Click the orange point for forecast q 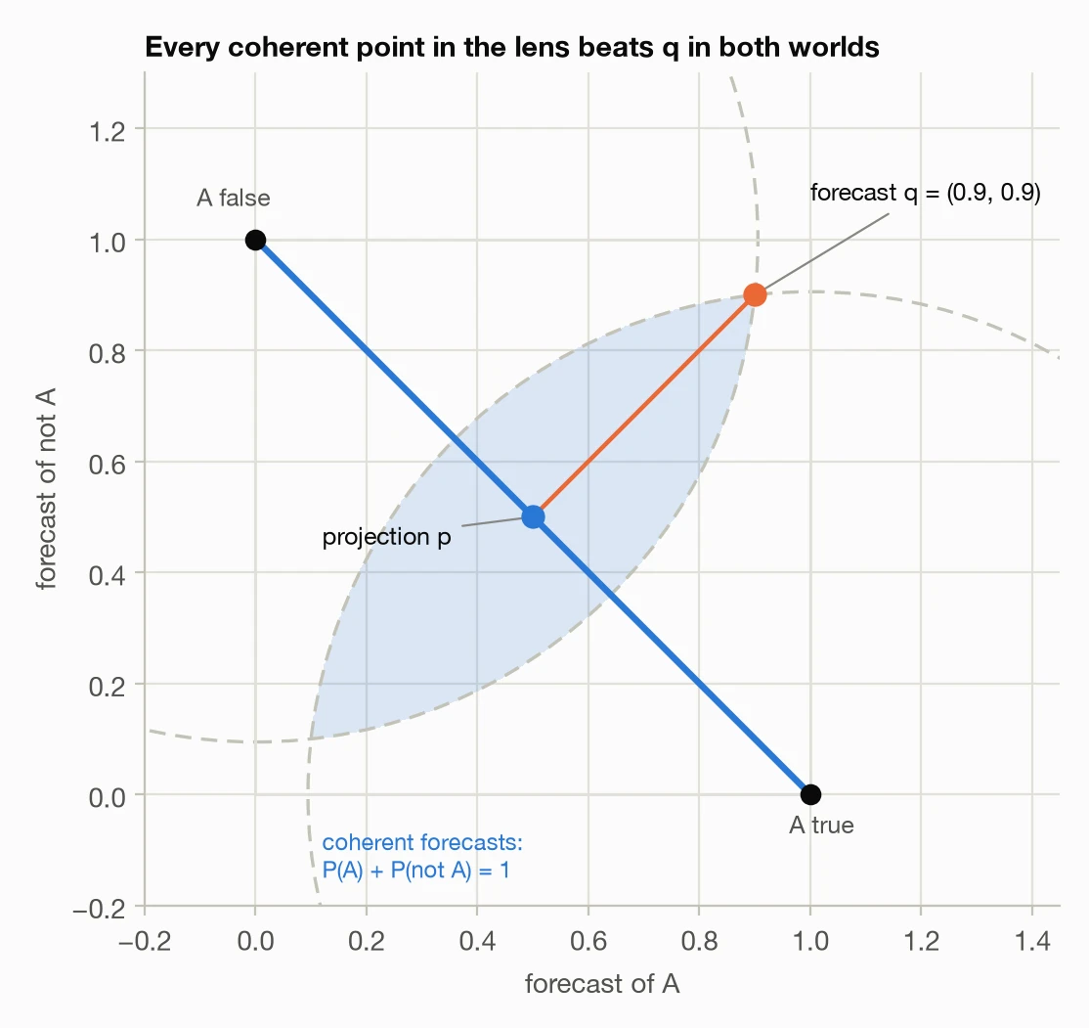[x=755, y=294]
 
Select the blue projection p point [x=533, y=517]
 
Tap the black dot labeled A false [x=255, y=240]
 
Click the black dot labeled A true [x=810, y=794]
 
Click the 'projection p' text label [x=387, y=537]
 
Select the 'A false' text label [x=234, y=199]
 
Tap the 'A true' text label [x=821, y=826]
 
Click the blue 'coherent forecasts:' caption [x=422, y=842]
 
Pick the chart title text [x=512, y=47]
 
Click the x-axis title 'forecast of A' [x=602, y=984]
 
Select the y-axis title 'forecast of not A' [x=46, y=489]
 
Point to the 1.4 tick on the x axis [x=1032, y=941]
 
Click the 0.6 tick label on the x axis [x=588, y=941]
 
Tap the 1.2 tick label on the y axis [x=108, y=131]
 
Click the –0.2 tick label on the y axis [x=100, y=909]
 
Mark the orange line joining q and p [x=644, y=406]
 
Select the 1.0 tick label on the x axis [x=810, y=941]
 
